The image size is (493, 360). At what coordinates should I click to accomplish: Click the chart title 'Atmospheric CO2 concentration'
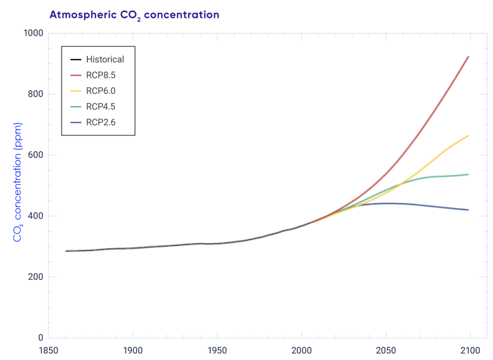[x=134, y=15]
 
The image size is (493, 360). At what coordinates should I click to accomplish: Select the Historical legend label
[x=105, y=59]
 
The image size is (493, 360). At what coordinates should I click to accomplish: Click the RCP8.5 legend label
[x=101, y=75]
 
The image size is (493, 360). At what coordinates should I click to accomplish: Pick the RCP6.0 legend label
[x=101, y=91]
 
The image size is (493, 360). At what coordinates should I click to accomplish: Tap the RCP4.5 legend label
[x=101, y=107]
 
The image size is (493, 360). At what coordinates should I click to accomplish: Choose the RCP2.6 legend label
[x=101, y=122]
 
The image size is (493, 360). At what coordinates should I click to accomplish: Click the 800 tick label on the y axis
[x=36, y=94]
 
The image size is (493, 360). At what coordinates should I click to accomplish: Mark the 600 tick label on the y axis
[x=36, y=155]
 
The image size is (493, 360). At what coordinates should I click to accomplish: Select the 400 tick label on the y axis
[x=36, y=216]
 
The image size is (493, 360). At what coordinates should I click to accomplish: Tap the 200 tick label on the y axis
[x=36, y=277]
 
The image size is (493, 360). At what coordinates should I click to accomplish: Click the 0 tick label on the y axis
[x=41, y=338]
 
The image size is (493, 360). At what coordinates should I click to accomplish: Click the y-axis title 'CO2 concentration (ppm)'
[x=17, y=183]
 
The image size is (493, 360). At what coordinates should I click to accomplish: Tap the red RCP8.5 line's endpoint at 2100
[x=468, y=57]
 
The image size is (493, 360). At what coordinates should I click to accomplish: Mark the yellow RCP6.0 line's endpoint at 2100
[x=468, y=136]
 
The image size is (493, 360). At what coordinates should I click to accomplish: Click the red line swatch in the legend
[x=76, y=75]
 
